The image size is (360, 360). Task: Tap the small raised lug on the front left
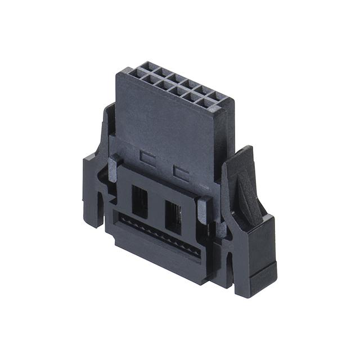112,166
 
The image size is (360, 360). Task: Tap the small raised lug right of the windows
203,209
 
